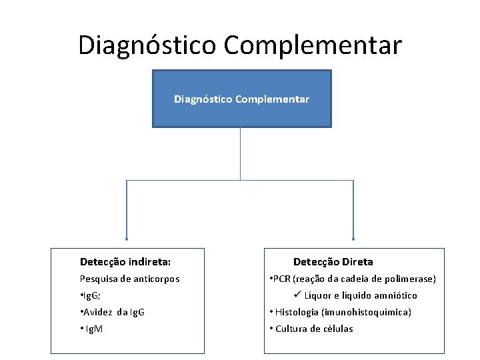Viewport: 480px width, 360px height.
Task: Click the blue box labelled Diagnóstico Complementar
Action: click(241, 99)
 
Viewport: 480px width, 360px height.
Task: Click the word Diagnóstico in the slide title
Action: click(147, 45)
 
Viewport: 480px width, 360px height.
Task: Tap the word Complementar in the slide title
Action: click(313, 45)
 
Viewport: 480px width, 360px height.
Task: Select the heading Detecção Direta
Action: click(333, 262)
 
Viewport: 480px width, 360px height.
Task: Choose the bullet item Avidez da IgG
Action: click(113, 312)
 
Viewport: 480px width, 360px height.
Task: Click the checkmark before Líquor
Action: click(297, 295)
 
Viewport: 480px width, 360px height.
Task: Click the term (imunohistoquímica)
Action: click(366, 312)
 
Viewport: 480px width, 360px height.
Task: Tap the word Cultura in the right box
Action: click(291, 329)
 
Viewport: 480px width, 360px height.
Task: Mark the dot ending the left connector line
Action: click(127, 238)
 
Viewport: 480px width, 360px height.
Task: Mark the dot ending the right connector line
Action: click(353, 238)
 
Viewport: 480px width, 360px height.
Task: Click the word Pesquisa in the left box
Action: click(98, 279)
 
